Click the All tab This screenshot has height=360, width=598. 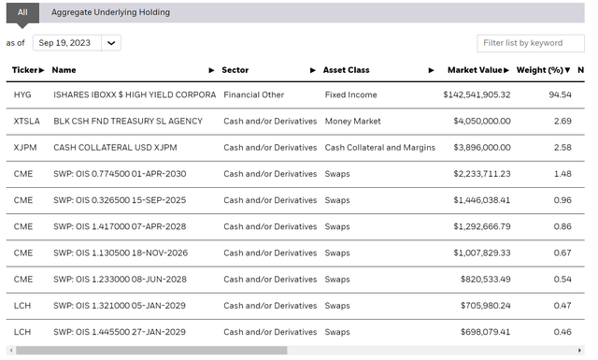22,12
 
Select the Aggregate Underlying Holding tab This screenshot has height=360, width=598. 110,12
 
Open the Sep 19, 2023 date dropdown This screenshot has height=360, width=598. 77,43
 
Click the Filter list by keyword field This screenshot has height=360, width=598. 534,43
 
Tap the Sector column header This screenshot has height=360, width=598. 235,70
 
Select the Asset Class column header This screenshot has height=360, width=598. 346,70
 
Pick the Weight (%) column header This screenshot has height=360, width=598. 540,70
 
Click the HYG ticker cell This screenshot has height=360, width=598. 22,94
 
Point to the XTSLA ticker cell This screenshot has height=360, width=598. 28,121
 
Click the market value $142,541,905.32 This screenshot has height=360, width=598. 477,94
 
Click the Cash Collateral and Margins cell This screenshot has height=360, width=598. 379,147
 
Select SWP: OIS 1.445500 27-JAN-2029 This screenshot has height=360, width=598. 120,332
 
